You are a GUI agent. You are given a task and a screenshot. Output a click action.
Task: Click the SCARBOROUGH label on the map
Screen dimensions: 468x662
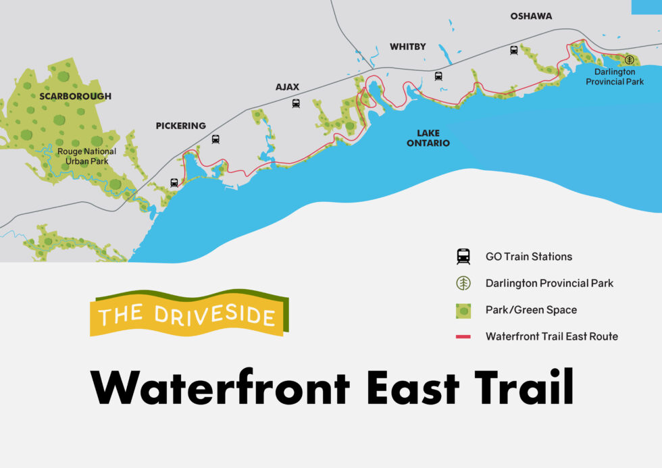75,97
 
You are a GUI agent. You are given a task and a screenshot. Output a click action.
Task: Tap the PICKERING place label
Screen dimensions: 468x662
180,126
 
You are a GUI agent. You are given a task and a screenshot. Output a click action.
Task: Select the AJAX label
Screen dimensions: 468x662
287,87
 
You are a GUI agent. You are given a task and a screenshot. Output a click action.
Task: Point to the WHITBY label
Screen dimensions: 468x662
408,47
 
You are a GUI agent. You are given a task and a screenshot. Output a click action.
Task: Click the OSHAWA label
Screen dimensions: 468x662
531,16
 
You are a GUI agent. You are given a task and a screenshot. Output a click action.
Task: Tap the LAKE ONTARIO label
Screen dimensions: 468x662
424,138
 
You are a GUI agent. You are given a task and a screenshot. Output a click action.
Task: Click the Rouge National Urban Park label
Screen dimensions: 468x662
86,156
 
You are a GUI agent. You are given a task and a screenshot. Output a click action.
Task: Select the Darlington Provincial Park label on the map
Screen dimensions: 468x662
615,76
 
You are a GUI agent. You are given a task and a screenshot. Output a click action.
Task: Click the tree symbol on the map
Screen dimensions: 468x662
630,60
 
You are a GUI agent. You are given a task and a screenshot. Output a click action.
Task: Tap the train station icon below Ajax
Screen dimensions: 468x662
296,103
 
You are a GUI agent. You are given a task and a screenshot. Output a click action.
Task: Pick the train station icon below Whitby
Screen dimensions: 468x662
438,76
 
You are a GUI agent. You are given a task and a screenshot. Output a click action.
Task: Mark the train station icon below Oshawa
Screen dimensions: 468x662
514,49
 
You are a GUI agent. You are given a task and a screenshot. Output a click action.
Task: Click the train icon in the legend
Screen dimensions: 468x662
463,257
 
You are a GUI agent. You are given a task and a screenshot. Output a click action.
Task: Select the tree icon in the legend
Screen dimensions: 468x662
463,284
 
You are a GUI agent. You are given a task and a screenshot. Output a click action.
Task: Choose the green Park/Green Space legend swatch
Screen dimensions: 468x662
463,310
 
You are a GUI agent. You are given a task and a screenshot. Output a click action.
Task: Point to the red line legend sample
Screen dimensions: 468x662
463,336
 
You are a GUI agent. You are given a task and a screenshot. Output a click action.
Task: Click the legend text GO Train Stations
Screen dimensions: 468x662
528,257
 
